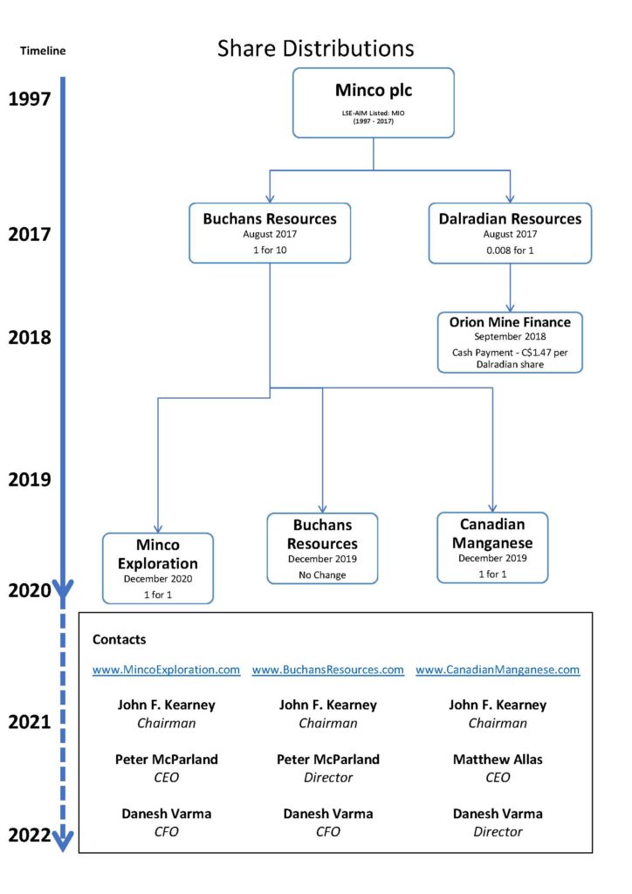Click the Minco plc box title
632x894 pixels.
click(x=374, y=91)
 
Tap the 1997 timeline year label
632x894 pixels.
click(x=29, y=100)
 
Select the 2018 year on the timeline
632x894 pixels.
click(x=29, y=338)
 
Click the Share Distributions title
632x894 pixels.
click(x=315, y=49)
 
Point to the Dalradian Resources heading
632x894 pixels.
click(x=510, y=219)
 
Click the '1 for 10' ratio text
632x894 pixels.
click(x=270, y=250)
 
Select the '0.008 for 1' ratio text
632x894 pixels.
click(x=510, y=251)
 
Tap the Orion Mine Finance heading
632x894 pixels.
click(x=510, y=322)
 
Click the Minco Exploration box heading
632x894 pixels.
click(x=158, y=554)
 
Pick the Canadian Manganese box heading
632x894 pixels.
click(x=492, y=533)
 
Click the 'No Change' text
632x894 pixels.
click(x=322, y=574)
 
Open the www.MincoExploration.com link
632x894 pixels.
click(x=167, y=670)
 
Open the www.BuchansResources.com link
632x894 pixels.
click(x=327, y=670)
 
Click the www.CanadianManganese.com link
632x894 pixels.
click(x=498, y=670)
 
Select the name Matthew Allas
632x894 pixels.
click(x=498, y=760)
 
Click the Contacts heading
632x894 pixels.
click(x=119, y=640)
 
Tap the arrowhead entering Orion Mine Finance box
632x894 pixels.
click(x=510, y=308)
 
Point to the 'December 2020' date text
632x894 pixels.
click(x=158, y=579)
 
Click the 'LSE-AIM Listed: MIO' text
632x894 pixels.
click(x=374, y=113)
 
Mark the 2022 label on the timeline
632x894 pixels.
click(x=29, y=836)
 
